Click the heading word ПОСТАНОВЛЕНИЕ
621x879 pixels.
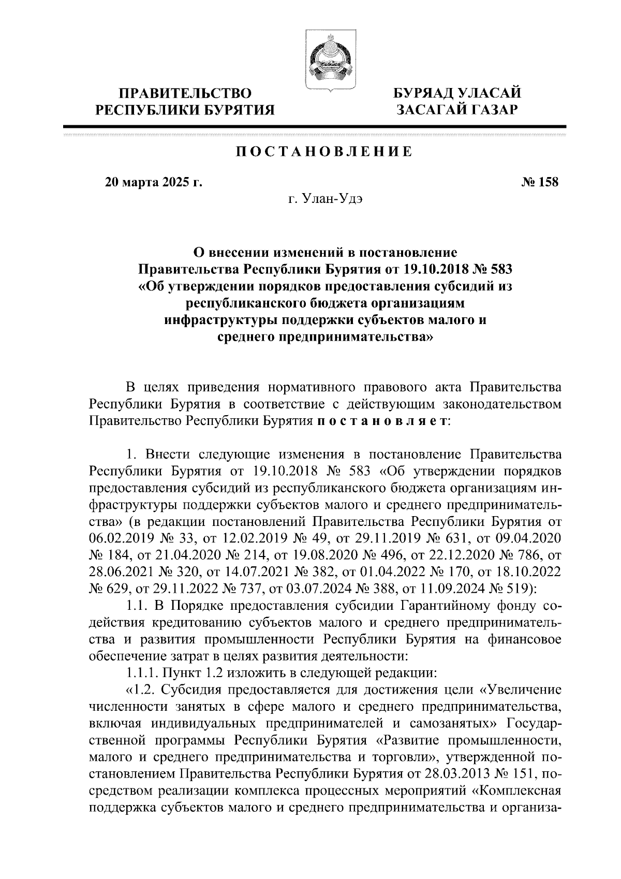pos(324,152)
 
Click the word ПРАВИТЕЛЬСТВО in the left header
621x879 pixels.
pos(186,94)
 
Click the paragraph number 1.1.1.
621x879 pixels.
pos(141,673)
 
